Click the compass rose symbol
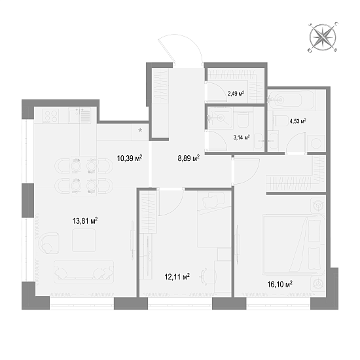coord(323,37)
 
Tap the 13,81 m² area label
coord(85,221)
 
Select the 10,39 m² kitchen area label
coord(130,158)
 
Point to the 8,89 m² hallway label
coord(189,158)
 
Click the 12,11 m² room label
coord(177,277)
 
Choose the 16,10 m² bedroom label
coord(279,284)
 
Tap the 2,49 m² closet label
coord(236,93)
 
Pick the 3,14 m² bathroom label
coord(242,137)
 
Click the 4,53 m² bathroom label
coord(298,121)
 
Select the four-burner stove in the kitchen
coord(51,116)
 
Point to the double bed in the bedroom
coord(294,245)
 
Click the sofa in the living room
coord(84,272)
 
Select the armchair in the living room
coord(49,243)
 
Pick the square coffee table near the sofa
coord(84,240)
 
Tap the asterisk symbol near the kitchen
coord(140,130)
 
